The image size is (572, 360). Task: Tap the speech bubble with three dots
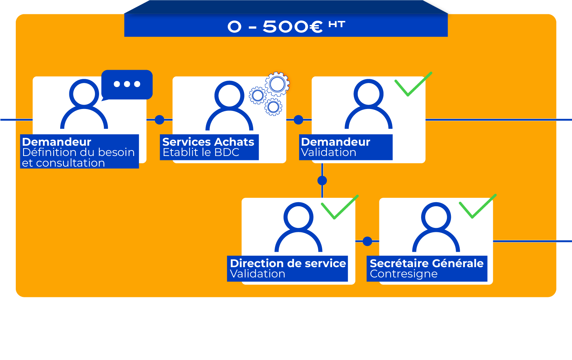pos(127,85)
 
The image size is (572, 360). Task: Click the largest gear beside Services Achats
pos(277,84)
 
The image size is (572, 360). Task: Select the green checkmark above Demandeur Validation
pos(413,84)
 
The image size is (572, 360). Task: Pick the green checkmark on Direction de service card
pos(340,207)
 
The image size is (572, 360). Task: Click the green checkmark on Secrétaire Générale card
pos(477,206)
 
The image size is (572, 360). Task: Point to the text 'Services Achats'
pos(208,142)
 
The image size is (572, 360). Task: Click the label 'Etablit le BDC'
pos(201,152)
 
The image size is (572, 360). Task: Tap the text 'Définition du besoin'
pos(78,152)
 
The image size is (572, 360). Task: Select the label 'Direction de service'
pos(288,263)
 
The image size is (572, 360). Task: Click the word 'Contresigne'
pos(404,274)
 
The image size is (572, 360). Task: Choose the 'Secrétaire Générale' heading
pos(426,263)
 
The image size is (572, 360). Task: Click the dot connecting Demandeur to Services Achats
pos(159,120)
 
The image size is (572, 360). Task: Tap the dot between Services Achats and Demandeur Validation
pos(298,120)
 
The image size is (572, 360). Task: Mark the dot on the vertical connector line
pos(322,181)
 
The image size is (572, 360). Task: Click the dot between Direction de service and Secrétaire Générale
pos(367,241)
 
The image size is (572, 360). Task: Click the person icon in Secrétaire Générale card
pos(436,227)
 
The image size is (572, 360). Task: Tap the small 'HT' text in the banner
pos(337,24)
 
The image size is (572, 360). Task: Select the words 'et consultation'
pos(63,163)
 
